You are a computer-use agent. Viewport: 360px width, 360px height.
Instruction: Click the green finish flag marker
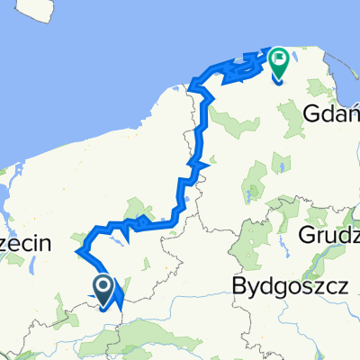278,62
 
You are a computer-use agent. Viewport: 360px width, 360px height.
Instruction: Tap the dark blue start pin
103,289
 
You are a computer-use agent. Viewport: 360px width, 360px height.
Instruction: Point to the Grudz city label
329,238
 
